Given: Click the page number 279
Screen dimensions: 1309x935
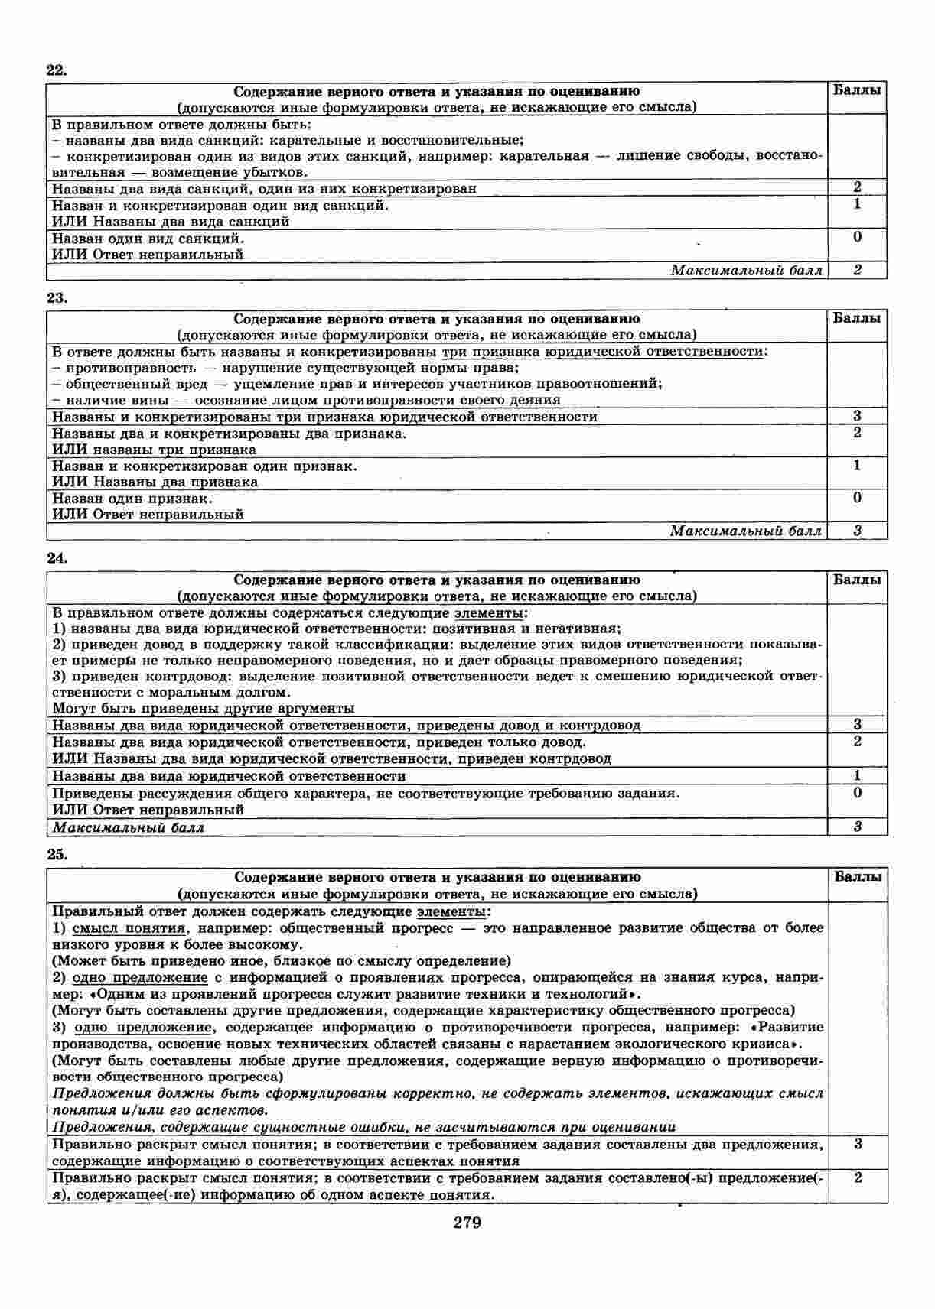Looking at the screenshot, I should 467,1223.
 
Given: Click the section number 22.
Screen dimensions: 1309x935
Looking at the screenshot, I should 57,70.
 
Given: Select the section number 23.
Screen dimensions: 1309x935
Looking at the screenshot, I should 57,298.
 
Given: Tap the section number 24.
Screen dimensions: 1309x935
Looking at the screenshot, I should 57,558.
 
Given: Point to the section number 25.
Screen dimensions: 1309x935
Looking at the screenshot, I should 57,855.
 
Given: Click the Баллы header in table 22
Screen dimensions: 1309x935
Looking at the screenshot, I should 857,90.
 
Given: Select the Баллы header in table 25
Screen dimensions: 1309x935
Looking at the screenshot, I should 858,877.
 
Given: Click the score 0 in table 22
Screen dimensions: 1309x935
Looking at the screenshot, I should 857,237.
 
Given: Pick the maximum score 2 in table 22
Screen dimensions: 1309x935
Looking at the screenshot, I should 857,270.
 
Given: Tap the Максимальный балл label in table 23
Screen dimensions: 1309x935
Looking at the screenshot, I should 746,531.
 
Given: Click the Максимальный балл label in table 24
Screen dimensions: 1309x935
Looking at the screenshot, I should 128,827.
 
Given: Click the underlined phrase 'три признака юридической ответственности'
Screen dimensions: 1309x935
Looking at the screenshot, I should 604,352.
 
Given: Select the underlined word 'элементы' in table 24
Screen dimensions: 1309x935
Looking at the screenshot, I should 490,613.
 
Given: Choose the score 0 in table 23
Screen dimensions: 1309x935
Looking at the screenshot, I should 857,498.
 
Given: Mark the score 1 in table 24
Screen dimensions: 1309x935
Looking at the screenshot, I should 857,775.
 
